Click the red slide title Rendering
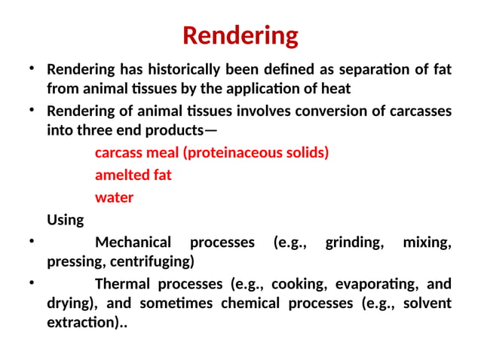240,35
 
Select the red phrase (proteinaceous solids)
256,153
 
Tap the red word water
114,198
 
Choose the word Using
66,221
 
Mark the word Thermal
123,285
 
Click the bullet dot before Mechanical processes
32,242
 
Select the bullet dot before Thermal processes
32,283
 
